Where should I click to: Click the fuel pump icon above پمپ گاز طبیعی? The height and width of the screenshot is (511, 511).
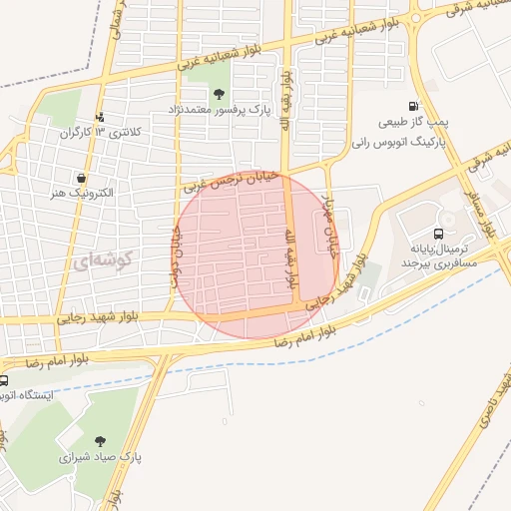coord(413,107)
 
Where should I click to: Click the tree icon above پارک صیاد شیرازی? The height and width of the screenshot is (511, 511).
coord(101,441)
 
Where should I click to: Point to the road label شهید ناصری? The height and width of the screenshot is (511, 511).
coord(487,399)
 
